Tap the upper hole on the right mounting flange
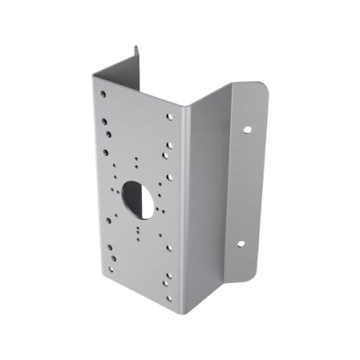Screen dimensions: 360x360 tap(247, 128)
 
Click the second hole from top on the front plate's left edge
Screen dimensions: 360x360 tap(105, 110)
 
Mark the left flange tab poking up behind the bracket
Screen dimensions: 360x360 tap(137, 55)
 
